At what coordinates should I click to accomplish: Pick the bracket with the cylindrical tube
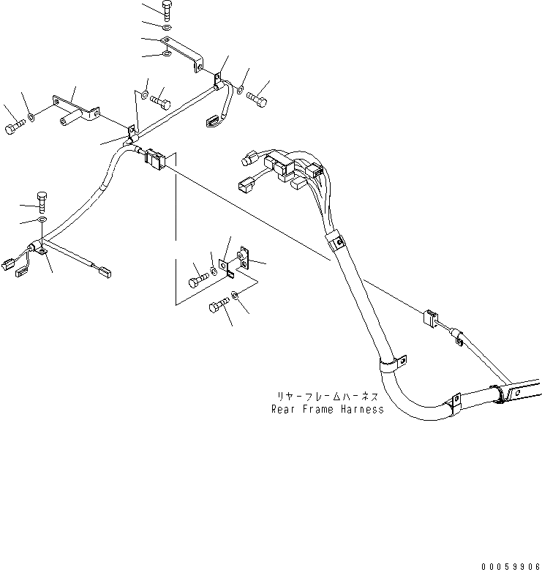point(75,110)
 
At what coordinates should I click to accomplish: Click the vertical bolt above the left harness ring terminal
point(42,200)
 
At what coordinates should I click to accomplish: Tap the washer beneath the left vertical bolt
point(42,220)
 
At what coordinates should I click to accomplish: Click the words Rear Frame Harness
point(327,409)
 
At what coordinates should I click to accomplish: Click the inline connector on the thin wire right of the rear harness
point(429,320)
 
